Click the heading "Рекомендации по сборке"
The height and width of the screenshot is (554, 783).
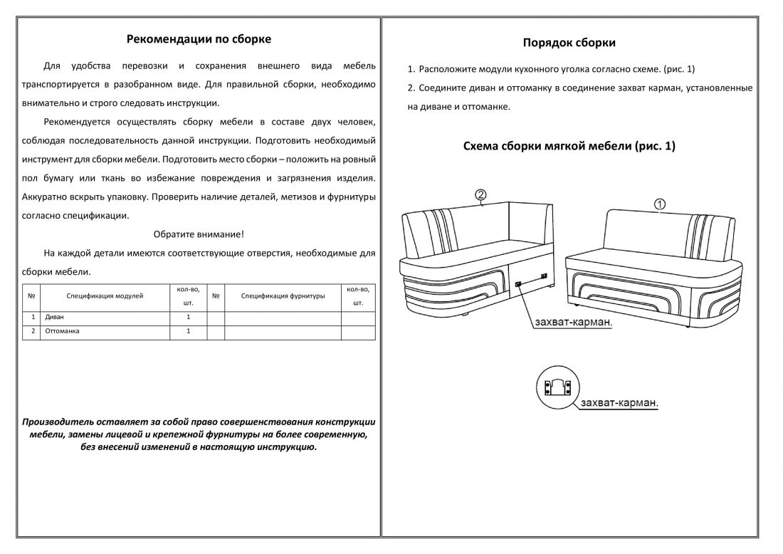(199, 39)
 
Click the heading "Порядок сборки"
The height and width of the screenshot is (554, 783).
(569, 43)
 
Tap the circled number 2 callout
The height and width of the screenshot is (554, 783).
(481, 194)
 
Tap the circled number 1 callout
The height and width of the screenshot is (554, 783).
(660, 204)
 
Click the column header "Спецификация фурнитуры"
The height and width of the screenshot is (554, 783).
(283, 296)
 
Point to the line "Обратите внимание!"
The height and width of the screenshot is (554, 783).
(199, 234)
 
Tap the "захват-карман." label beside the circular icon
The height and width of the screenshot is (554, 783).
(619, 403)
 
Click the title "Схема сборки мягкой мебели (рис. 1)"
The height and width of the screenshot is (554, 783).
(569, 147)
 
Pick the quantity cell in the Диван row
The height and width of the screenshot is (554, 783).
(188, 317)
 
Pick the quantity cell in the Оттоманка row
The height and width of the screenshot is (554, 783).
(188, 331)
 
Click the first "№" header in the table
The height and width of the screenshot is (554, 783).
(31, 296)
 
